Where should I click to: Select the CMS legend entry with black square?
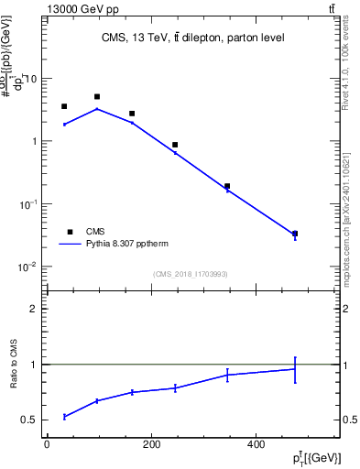[x=70, y=232]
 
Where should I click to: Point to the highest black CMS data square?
[x=97, y=96]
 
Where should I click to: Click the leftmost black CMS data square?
[x=64, y=106]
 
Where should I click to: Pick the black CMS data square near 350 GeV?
[x=227, y=186]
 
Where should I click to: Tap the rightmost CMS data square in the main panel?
[x=294, y=234]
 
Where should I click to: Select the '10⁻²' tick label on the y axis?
[x=27, y=267]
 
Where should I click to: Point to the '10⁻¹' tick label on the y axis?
[x=27, y=204]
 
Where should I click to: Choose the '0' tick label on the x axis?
[x=47, y=444]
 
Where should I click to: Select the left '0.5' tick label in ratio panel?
[x=29, y=420]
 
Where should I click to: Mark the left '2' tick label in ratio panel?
[x=33, y=310]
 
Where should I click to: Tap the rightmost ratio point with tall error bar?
[x=294, y=369]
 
